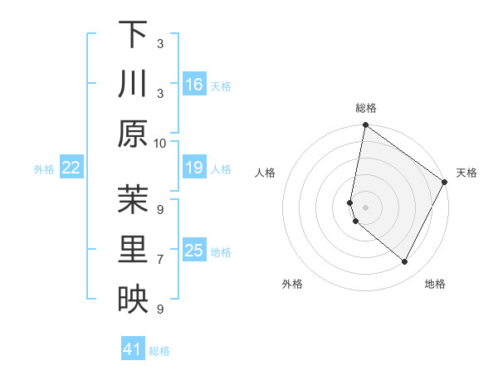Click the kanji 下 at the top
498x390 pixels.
[x=133, y=34]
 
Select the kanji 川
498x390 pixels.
[x=133, y=84]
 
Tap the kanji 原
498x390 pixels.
[x=133, y=134]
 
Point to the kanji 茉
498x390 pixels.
[x=133, y=200]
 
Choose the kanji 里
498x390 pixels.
[x=133, y=250]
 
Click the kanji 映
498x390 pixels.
[x=133, y=300]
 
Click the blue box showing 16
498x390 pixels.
[x=194, y=85]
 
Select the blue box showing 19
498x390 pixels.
[x=194, y=168]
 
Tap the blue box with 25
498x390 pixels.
[x=194, y=251]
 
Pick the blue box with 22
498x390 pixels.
[x=71, y=168]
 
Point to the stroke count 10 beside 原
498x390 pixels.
[x=160, y=143]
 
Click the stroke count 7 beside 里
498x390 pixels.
[x=160, y=260]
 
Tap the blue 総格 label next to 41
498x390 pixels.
[x=160, y=351]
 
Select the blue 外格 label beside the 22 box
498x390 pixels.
[x=44, y=169]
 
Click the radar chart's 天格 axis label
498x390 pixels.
[x=466, y=173]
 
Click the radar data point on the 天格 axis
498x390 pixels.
[x=445, y=183]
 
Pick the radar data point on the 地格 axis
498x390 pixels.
[x=405, y=262]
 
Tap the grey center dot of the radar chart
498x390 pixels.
[x=365, y=207]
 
